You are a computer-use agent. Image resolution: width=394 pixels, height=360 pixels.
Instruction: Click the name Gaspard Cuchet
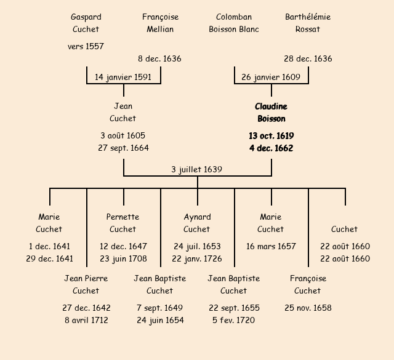point(86,23)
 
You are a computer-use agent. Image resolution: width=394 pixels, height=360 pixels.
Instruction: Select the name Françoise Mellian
point(160,23)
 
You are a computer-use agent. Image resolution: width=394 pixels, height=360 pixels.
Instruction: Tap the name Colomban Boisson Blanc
point(234,23)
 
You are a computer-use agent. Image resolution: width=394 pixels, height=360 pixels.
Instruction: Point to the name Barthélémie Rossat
point(308,23)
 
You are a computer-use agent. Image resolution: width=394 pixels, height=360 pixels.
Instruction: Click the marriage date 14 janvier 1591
point(123,77)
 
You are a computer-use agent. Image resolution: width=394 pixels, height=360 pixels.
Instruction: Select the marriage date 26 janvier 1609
point(271,77)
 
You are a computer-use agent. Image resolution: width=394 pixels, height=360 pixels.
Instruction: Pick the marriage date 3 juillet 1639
point(197,169)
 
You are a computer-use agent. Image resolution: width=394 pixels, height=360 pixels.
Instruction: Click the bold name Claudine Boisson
point(271,113)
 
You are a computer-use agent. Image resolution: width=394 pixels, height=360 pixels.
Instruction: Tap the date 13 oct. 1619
point(271,135)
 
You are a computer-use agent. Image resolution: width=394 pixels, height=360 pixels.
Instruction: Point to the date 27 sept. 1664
point(123,148)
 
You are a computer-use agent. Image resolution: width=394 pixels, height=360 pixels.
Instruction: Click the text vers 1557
point(86,46)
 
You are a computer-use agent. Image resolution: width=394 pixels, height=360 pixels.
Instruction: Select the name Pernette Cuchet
point(123,223)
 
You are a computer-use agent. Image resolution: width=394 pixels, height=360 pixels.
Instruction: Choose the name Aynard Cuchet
point(197,223)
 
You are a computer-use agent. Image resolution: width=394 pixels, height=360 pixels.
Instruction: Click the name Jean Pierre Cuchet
point(86,284)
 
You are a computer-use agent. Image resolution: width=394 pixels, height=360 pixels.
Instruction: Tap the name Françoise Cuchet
point(308,284)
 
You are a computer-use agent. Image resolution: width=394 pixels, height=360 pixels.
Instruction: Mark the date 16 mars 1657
point(271,246)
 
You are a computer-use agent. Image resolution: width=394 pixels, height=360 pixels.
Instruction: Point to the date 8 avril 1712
point(86,320)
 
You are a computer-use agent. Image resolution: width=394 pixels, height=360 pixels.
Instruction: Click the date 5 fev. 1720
point(234,320)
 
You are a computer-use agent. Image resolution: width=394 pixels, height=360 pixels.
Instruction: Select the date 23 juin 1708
point(123,258)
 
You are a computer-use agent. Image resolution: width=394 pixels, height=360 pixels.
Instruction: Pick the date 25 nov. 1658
point(308,308)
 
